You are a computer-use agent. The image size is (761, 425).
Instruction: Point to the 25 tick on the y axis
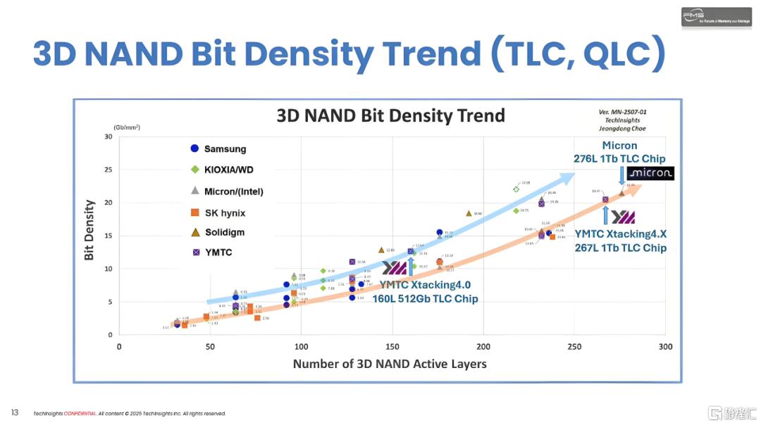point(109,170)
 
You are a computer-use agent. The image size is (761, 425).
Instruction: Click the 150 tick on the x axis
point(392,347)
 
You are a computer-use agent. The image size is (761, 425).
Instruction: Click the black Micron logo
point(650,173)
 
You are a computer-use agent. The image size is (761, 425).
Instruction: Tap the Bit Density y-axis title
point(89,230)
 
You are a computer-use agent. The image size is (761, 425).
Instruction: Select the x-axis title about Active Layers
point(390,364)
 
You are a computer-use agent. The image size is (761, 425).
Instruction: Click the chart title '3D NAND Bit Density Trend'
point(390,115)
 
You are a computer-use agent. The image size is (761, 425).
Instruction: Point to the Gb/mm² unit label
point(127,127)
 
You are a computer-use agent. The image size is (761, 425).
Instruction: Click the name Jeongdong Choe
point(619,129)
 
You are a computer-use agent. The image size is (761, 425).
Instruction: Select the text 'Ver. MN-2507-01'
point(619,113)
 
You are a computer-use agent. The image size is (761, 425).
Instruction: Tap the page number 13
point(14,412)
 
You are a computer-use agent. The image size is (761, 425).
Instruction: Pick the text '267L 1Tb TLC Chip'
point(620,248)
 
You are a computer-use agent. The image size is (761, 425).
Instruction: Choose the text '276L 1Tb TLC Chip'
point(619,158)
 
